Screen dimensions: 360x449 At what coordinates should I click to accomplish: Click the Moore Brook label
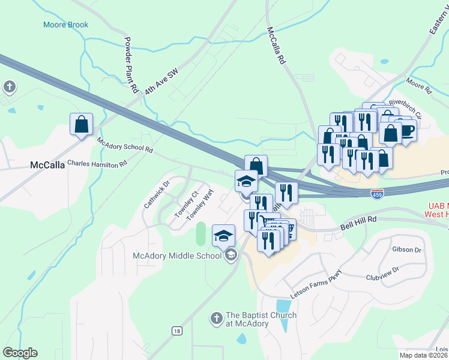65,25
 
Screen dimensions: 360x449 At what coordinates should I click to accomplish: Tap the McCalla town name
47,165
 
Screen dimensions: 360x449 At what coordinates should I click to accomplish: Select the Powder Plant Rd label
130,65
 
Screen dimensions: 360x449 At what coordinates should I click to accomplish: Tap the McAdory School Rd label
125,145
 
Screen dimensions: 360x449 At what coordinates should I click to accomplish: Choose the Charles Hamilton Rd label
97,163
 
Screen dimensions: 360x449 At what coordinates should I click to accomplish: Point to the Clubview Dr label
382,274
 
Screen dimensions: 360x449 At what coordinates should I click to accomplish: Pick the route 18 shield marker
176,330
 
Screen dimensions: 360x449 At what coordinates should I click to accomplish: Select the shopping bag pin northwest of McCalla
81,125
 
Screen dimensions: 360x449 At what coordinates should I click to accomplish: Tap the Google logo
20,353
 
